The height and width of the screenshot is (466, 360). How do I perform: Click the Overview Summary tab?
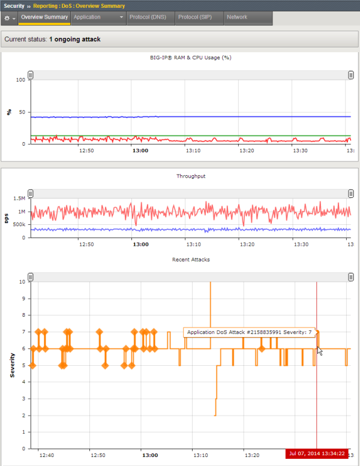(x=44, y=17)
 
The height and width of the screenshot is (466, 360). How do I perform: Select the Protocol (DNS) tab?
(x=148, y=17)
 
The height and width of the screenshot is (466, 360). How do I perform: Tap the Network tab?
(x=237, y=17)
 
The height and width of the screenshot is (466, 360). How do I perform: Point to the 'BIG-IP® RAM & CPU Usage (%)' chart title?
(x=191, y=58)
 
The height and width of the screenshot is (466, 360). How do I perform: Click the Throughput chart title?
(x=190, y=176)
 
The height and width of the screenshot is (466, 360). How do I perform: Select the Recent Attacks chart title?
(x=190, y=259)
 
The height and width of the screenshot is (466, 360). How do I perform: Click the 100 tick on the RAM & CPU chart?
(x=21, y=80)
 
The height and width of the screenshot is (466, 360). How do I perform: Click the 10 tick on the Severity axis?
(x=22, y=281)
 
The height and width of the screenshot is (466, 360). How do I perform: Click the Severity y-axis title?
(x=13, y=365)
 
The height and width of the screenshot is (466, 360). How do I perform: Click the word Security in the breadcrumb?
(x=14, y=5)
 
